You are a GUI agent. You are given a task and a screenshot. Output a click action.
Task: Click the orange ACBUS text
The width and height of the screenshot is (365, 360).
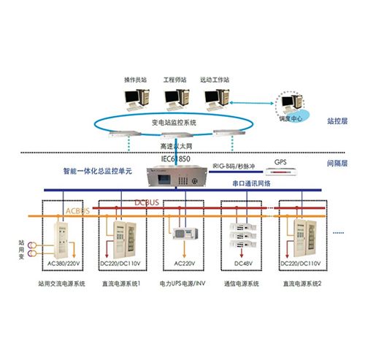pyautogui.click(x=79, y=211)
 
